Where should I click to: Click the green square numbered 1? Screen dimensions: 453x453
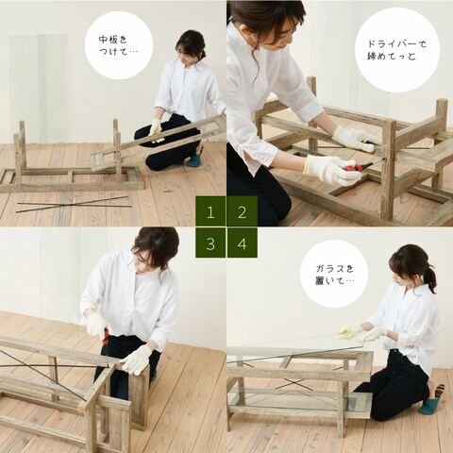click(210, 211)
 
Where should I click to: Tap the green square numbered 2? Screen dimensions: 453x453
click(242, 211)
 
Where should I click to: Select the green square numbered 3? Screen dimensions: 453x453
click(210, 243)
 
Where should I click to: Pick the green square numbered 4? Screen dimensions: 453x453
click(242, 243)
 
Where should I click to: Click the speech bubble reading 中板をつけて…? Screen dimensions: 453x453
click(119, 45)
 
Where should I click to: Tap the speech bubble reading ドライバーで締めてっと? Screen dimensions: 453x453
click(397, 50)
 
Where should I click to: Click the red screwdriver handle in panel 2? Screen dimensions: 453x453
click(353, 168)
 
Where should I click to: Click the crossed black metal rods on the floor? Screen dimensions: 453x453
click(74, 204)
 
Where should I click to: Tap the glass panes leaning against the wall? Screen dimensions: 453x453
click(38, 88)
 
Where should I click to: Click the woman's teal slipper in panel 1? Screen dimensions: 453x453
click(194, 159)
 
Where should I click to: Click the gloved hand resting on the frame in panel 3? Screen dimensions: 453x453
click(137, 360)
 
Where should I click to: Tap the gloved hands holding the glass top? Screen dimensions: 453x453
click(366, 334)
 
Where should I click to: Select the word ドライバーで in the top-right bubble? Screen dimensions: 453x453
click(397, 43)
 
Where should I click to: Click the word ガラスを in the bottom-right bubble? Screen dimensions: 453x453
click(335, 268)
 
